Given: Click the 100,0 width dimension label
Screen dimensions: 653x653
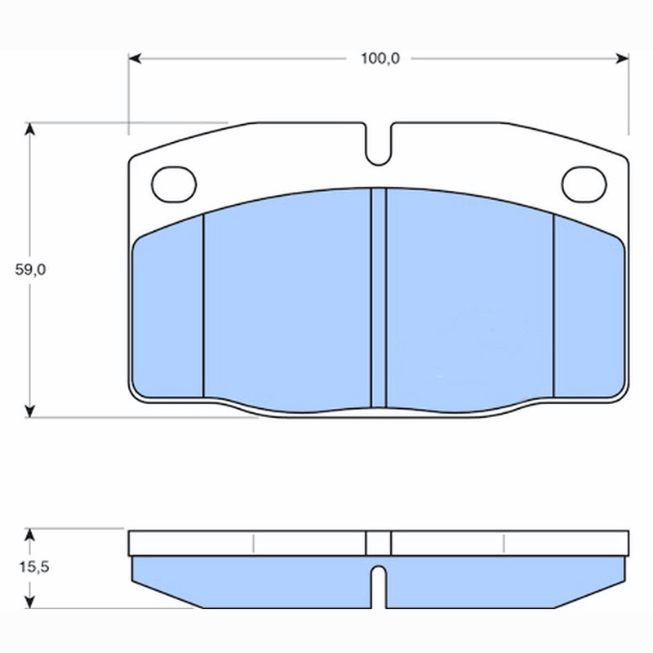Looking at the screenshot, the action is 380,59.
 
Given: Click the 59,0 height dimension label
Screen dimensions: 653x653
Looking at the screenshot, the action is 30,270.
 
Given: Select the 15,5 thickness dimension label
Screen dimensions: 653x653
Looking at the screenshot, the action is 34,566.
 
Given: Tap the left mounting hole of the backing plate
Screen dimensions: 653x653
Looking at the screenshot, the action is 174,184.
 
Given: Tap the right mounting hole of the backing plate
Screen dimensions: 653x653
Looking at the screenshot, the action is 584,184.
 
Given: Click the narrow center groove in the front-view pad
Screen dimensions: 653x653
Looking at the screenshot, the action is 379,298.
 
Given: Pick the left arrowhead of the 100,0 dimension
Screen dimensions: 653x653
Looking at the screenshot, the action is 135,59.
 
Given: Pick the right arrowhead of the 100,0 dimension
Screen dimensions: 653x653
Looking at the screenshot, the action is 622,59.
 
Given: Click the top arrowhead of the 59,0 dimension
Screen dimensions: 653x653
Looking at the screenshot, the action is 29,129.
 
